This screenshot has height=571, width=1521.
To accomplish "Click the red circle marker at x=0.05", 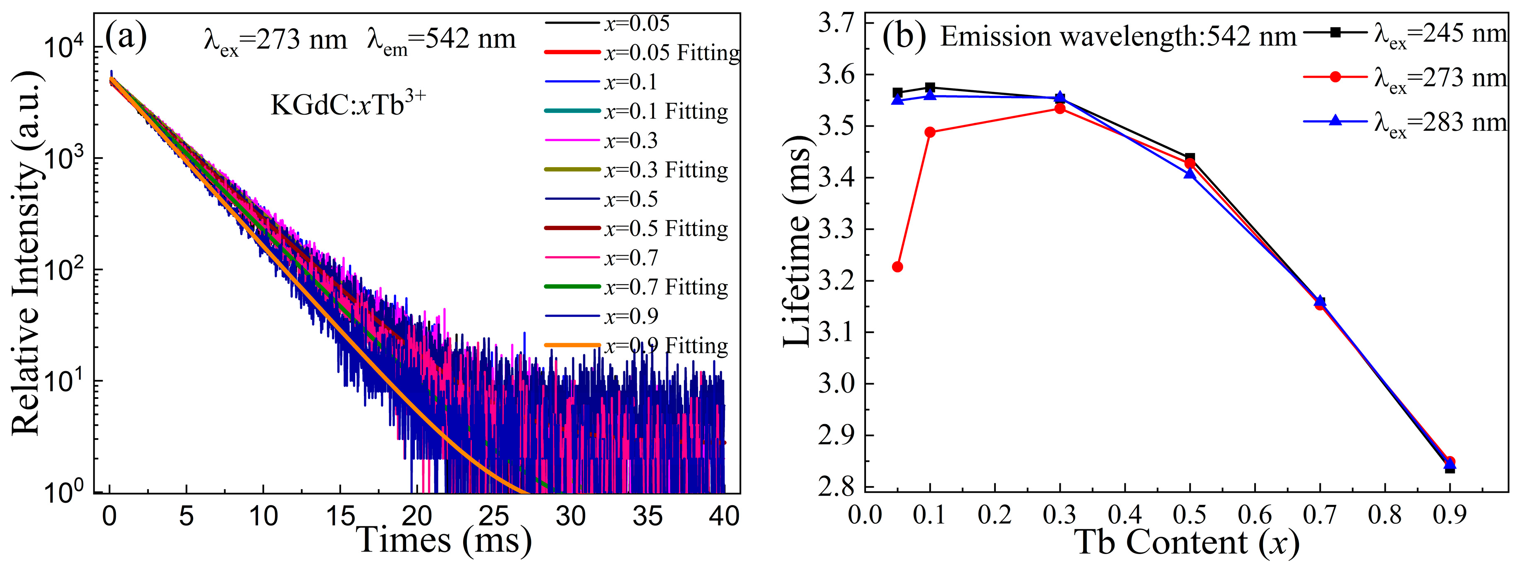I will coord(897,267).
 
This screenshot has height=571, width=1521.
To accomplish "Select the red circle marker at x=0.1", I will coord(930,132).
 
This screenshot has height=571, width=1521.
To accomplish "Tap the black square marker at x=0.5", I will coord(1190,158).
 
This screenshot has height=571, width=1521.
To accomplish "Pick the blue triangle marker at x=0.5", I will coord(1190,174).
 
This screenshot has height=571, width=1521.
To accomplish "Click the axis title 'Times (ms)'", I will coord(444,540).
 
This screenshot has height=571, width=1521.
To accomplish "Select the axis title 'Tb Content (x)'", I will coord(1187,542).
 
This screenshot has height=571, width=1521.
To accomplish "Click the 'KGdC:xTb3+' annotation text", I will coord(348,105).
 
